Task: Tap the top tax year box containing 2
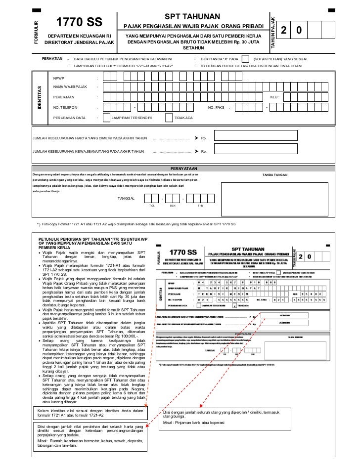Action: pyautogui.click(x=284, y=31)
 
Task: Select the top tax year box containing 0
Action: pyautogui.click(x=298, y=31)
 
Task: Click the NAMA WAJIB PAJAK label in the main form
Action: pyautogui.click(x=70, y=87)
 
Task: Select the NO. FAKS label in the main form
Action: pyautogui.click(x=216, y=108)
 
